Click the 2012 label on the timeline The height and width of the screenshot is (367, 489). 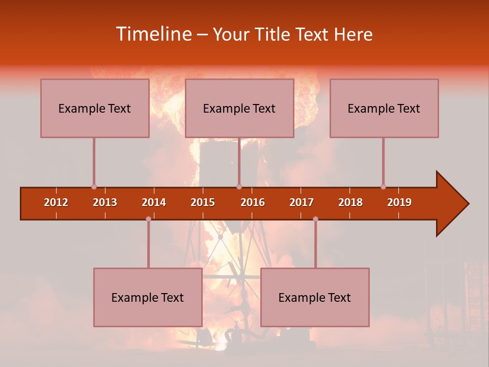pos(56,202)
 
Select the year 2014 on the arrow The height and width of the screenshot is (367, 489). pos(154,202)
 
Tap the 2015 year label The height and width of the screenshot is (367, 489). pos(203,202)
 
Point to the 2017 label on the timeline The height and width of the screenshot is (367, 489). pos(302,202)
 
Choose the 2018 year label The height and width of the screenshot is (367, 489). pos(350,202)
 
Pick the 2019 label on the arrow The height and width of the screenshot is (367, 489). pos(399,202)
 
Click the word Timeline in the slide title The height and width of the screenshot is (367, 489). pos(153,34)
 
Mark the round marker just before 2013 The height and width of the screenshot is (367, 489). pos(94,187)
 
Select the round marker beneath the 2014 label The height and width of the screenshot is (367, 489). pos(148,219)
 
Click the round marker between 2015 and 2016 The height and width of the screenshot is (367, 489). pos(239,187)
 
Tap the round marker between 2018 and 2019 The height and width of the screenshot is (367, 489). pos(383,187)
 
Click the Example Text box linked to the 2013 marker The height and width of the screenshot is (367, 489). pos(95,108)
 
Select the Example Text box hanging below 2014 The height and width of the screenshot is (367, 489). pos(148,297)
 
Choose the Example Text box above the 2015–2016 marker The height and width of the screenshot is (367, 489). pos(239,108)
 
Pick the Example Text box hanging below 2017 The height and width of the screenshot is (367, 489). pos(315,297)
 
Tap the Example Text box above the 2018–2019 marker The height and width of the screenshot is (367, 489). pos(384,108)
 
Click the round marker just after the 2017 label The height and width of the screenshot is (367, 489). pos(315,219)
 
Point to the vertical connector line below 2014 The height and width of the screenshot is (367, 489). pos(148,245)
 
